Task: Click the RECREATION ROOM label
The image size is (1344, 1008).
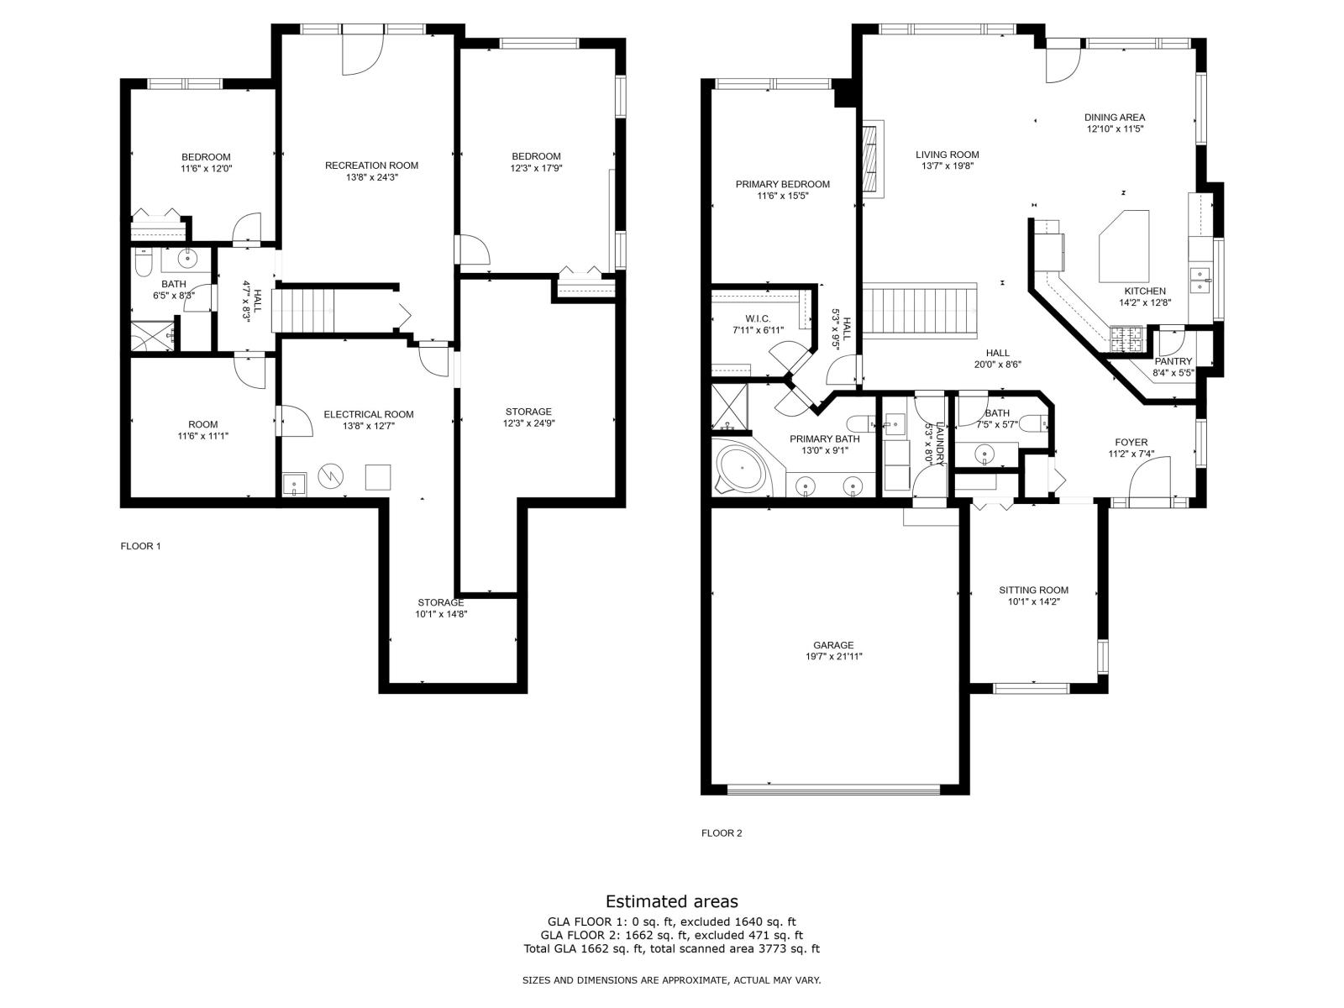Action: (371, 165)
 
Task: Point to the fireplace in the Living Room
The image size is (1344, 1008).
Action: (873, 159)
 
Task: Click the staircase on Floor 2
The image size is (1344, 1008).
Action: (920, 310)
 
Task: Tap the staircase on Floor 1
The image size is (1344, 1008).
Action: (304, 310)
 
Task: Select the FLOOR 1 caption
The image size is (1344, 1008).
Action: (140, 546)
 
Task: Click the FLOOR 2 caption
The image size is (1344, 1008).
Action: (722, 833)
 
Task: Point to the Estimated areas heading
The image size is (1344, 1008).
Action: (672, 900)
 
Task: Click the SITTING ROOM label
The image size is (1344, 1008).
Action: (1033, 590)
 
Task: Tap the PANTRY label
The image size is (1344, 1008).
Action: (1173, 361)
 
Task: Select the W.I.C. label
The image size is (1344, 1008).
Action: (758, 319)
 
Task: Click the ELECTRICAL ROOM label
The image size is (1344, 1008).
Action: (369, 414)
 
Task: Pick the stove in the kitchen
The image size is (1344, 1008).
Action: (1126, 340)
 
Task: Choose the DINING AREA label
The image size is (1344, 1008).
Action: (1115, 118)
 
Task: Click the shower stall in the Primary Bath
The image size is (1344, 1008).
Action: (729, 407)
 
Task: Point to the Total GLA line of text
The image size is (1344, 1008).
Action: (671, 949)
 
